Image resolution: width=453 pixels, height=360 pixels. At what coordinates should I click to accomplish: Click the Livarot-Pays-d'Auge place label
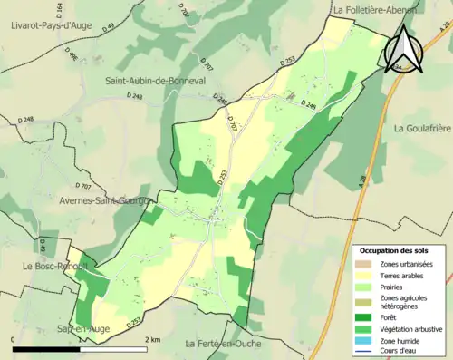click(x=53, y=26)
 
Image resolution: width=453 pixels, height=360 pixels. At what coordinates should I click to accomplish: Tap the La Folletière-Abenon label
click(x=375, y=10)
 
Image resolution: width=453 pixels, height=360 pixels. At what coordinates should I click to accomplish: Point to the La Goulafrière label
click(x=421, y=129)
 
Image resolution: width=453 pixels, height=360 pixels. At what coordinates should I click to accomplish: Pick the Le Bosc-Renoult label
click(x=42, y=267)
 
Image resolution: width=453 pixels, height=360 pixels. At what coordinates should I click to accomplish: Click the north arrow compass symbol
click(x=405, y=50)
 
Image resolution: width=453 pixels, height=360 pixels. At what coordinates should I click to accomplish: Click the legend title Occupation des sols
click(x=394, y=250)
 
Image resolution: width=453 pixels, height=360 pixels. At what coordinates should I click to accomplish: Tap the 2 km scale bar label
click(x=152, y=338)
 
